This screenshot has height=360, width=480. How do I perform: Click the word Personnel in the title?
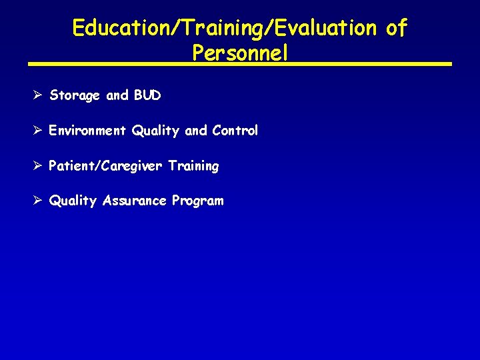click(x=240, y=52)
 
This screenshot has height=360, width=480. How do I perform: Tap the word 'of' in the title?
click(x=396, y=28)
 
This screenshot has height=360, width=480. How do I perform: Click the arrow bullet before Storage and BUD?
click(x=37, y=95)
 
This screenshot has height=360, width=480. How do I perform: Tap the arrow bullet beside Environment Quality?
click(x=37, y=131)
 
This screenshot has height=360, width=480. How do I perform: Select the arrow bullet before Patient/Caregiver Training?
click(x=37, y=165)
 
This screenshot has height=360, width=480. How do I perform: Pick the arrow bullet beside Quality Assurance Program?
click(x=37, y=201)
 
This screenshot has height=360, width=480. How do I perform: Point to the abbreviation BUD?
click(x=147, y=95)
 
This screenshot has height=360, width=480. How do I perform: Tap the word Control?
click(x=235, y=131)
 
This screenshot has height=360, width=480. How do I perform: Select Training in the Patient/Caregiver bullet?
click(x=193, y=166)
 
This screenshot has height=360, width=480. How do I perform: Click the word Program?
click(x=198, y=201)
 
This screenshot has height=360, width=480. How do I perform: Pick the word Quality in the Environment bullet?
click(x=156, y=131)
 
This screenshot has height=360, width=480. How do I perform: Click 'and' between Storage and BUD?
click(x=117, y=95)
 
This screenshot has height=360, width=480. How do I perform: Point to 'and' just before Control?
click(x=196, y=131)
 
